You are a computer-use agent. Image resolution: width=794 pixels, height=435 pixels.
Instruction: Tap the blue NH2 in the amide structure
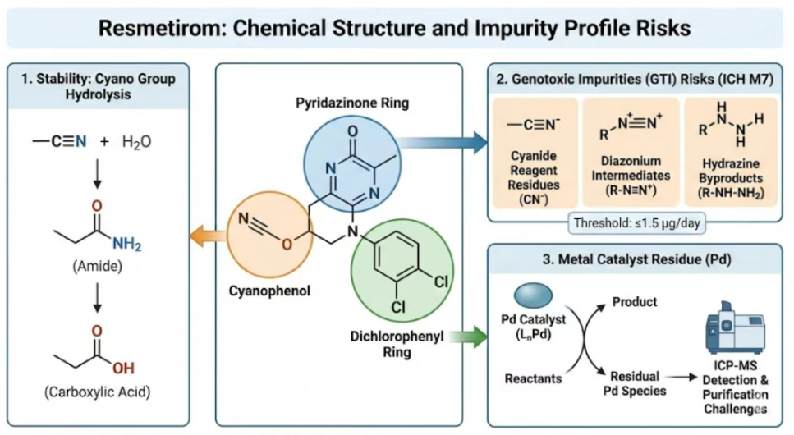pyautogui.click(x=126, y=243)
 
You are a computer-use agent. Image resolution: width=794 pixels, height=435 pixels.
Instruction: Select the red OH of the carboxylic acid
pyautogui.click(x=124, y=368)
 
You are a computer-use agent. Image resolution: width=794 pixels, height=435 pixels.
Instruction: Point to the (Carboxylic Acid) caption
pyautogui.click(x=96, y=393)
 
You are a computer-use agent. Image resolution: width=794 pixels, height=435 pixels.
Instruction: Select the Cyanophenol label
pyautogui.click(x=264, y=292)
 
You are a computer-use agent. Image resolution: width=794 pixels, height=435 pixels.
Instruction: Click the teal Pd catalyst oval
pyautogui.click(x=535, y=294)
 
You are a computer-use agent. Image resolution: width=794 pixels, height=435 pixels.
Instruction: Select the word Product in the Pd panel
pyautogui.click(x=635, y=302)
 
